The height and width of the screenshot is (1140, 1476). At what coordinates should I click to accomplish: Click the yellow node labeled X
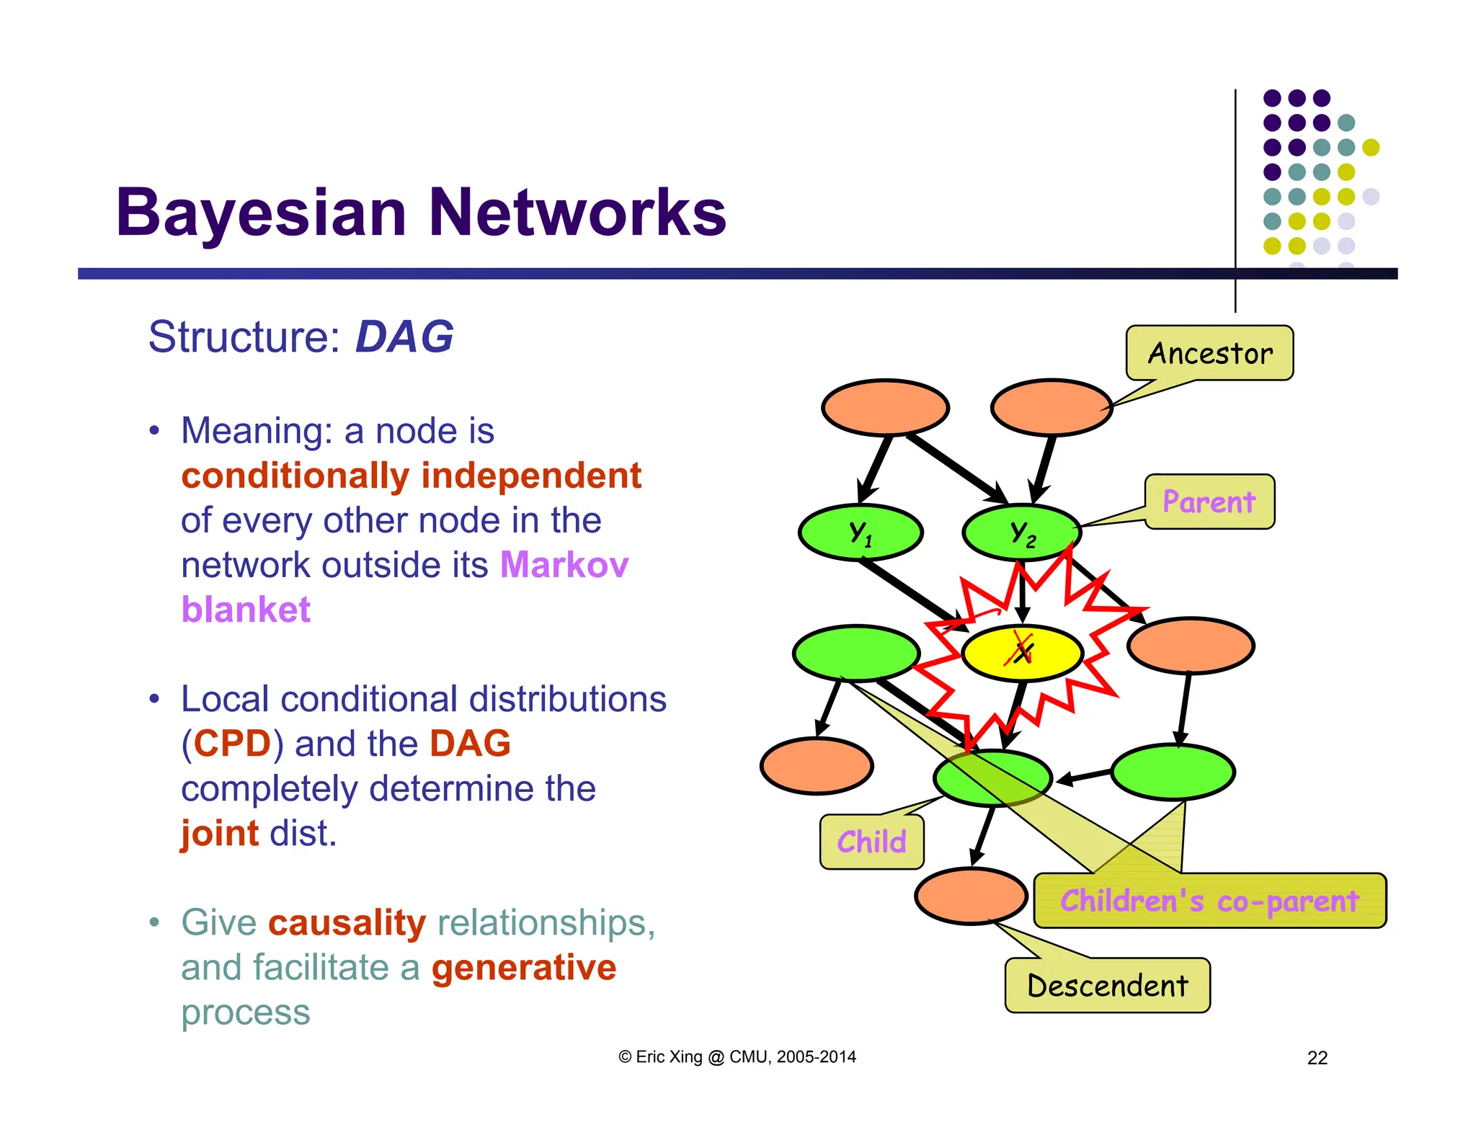click(x=1022, y=653)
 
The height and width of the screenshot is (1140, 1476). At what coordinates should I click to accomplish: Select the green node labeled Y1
click(x=861, y=533)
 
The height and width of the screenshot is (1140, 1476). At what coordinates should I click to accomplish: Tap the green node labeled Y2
click(x=1022, y=533)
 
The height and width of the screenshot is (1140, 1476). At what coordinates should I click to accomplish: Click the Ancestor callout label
click(x=1209, y=353)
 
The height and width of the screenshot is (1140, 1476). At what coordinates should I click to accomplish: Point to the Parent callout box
click(x=1209, y=502)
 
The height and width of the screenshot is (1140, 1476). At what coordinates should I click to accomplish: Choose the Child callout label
click(x=871, y=842)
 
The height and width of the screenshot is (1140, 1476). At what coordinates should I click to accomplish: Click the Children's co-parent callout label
click(x=1209, y=901)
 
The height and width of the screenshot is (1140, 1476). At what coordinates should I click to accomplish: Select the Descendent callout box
click(x=1107, y=986)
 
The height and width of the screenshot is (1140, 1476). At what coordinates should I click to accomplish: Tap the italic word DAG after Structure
click(x=404, y=337)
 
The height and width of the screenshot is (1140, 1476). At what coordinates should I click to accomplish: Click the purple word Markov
click(x=564, y=564)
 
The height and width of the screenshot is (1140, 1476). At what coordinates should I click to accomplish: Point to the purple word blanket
click(x=246, y=610)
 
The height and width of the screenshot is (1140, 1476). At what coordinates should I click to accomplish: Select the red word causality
click(x=347, y=923)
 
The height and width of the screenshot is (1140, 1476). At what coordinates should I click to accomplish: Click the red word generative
click(x=524, y=968)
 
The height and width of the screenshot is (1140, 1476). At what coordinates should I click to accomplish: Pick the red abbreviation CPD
click(x=232, y=744)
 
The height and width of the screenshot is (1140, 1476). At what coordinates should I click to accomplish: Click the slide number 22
click(x=1317, y=1058)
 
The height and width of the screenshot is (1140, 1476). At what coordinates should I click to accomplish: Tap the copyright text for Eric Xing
click(x=737, y=1057)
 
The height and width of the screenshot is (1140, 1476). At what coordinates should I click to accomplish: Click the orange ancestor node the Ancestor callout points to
click(x=1052, y=407)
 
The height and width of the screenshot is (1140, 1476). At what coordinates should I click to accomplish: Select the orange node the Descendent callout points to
click(x=970, y=896)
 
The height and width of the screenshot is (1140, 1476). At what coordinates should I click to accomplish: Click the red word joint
click(x=219, y=834)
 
